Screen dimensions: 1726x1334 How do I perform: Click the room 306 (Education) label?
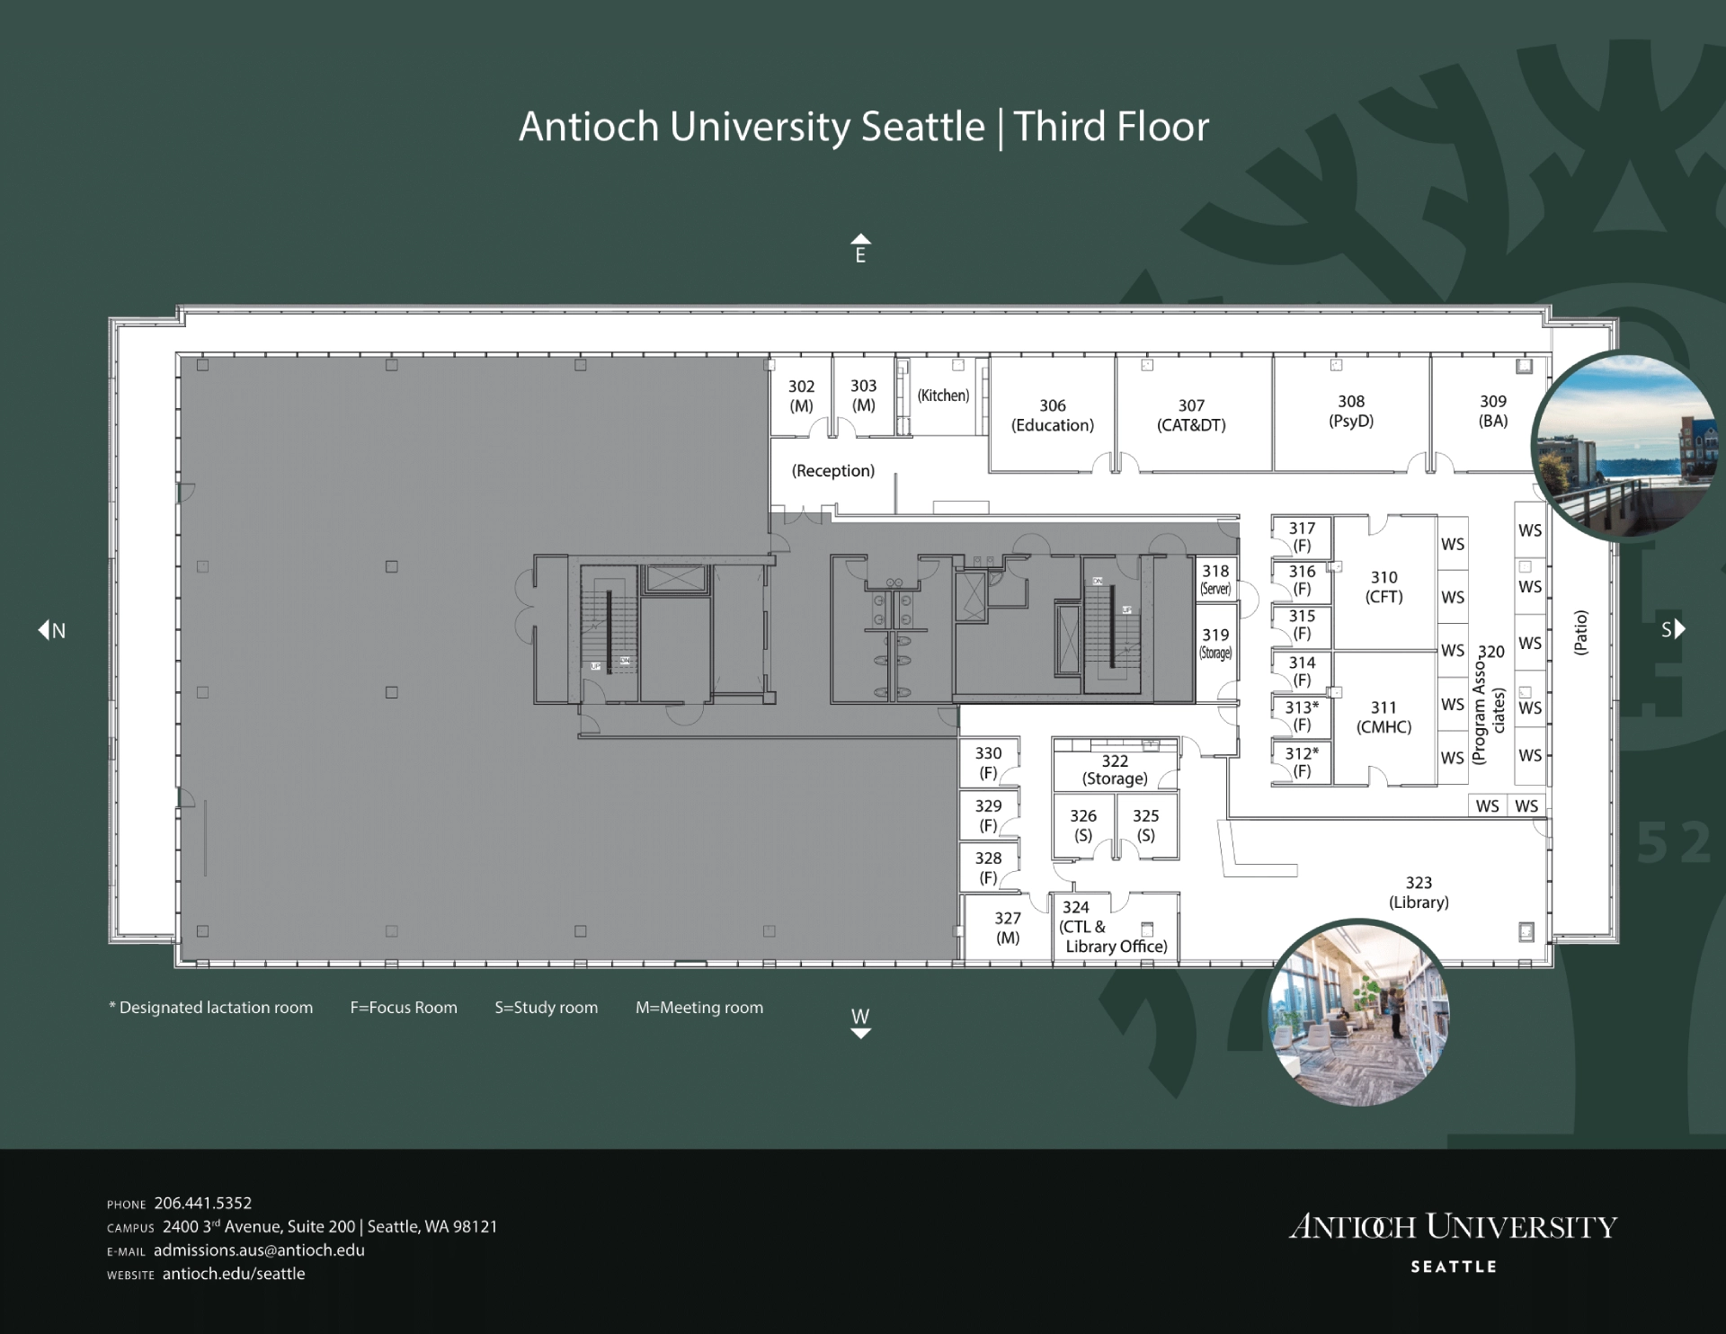[x=1053, y=415]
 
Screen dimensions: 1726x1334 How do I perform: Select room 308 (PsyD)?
[x=1351, y=412]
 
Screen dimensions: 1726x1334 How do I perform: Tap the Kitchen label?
[x=943, y=396]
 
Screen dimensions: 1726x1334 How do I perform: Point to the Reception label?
[x=832, y=471]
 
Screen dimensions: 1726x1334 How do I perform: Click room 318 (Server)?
[x=1216, y=579]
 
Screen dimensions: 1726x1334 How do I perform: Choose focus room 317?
[x=1301, y=537]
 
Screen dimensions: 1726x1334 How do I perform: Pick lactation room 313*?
[x=1301, y=716]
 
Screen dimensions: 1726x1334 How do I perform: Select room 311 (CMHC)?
[x=1384, y=717]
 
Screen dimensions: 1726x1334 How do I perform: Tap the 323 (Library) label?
[x=1419, y=893]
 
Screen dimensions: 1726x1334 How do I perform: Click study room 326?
[x=1083, y=825]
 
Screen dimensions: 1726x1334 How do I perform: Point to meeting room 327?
[x=1008, y=927]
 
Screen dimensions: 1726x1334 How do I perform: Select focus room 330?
[x=988, y=762]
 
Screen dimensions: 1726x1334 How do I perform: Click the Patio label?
[x=1580, y=633]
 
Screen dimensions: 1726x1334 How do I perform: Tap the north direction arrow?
[x=43, y=630]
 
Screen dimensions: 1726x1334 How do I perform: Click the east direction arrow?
[x=860, y=238]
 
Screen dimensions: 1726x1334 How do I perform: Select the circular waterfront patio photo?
[x=1624, y=445]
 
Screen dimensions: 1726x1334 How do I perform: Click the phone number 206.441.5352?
[x=203, y=1203]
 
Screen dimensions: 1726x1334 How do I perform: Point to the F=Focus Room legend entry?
[x=404, y=1008]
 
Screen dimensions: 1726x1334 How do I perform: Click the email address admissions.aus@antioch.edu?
[x=259, y=1250]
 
